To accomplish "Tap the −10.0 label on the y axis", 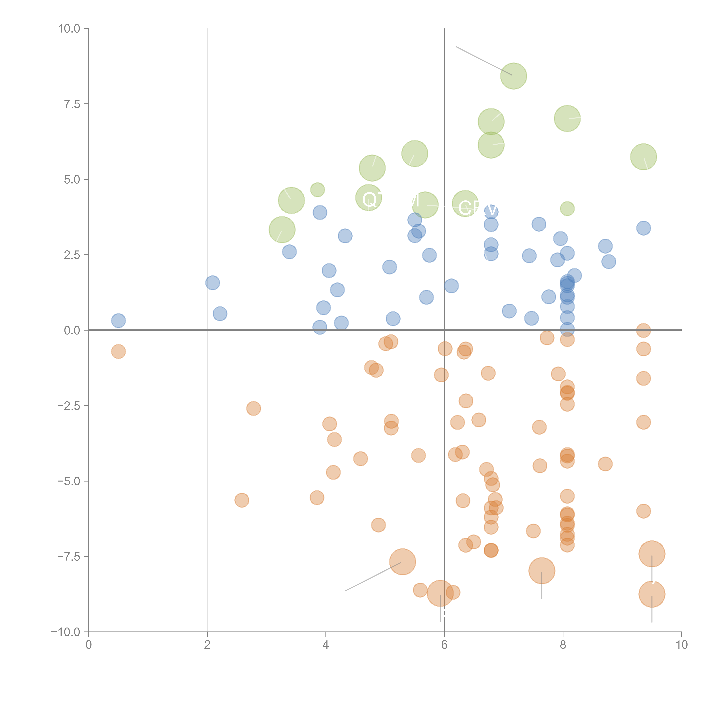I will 65,632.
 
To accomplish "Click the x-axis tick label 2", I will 207,645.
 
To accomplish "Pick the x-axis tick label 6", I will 444,645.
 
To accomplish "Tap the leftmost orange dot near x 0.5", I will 118,352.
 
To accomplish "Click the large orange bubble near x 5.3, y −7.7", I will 402,562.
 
